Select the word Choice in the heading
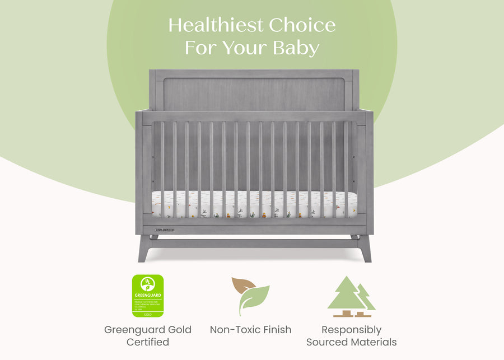coord(302,26)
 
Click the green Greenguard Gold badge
coord(148,296)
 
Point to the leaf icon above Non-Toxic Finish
coord(250,296)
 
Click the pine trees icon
coord(351,296)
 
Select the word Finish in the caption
coord(277,330)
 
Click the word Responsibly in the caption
coord(352,330)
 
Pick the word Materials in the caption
coord(374,342)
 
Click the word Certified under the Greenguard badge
coord(148,342)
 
